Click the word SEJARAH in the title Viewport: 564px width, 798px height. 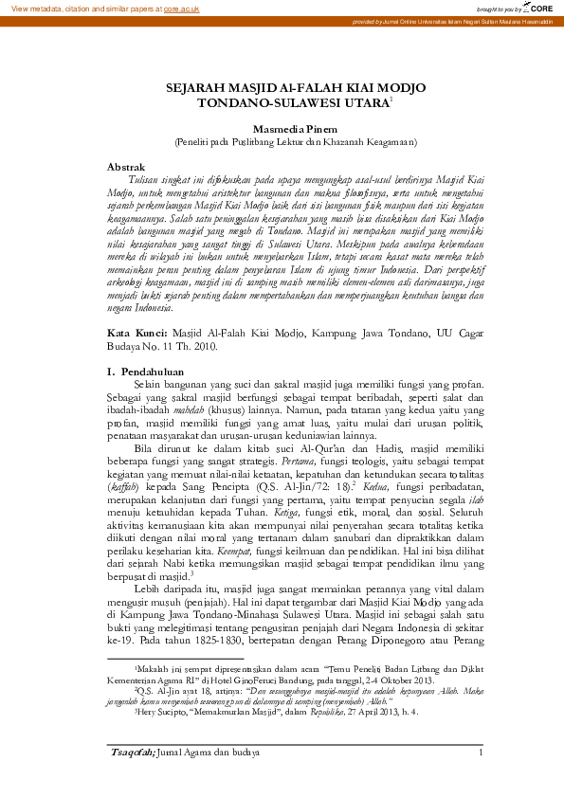click(197, 87)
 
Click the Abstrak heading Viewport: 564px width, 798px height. click(127, 165)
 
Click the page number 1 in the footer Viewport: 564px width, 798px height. click(481, 753)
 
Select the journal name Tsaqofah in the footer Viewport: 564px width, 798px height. click(130, 753)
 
